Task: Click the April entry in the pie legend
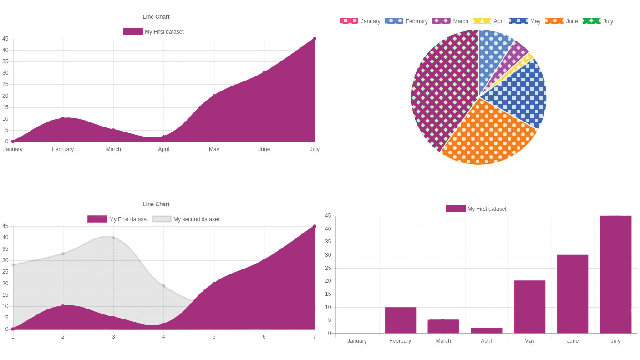tap(489, 21)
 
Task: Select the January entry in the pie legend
tap(360, 21)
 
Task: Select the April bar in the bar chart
tap(486, 330)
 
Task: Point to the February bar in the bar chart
tap(400, 320)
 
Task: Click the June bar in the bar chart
tap(572, 294)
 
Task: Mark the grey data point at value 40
tap(113, 238)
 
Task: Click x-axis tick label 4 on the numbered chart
tap(163, 337)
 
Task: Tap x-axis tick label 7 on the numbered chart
tap(315, 337)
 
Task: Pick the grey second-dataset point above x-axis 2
tap(63, 254)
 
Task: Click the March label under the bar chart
tap(443, 341)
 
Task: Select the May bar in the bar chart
tap(529, 307)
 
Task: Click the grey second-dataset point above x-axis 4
tap(163, 286)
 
